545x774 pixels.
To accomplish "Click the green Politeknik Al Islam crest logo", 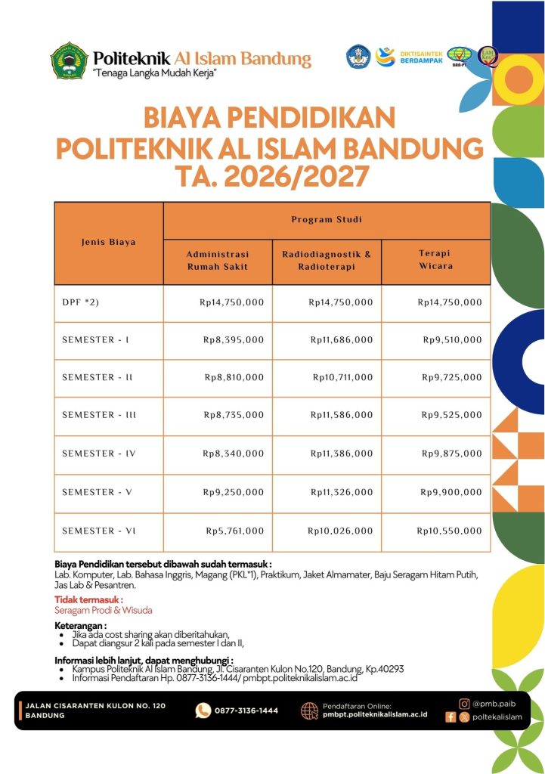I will [x=70, y=61].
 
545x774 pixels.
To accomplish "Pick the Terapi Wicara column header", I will [x=435, y=261].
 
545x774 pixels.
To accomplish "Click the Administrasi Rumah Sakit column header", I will [x=218, y=261].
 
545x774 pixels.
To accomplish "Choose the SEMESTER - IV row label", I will [x=98, y=454].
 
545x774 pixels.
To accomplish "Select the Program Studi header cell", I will [x=327, y=220].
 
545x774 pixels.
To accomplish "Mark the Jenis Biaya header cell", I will [x=109, y=243].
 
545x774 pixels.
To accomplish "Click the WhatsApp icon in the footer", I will [x=203, y=711].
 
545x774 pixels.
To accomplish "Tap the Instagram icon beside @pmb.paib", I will [x=464, y=704].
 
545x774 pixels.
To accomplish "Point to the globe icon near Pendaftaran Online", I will [x=309, y=711].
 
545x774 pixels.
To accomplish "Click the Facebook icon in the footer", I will [x=451, y=717].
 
